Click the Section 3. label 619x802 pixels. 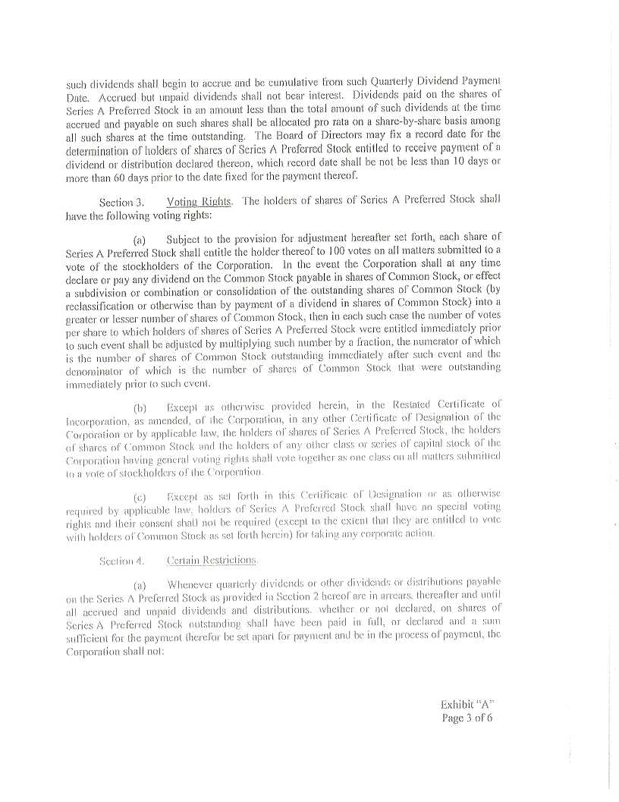(121, 203)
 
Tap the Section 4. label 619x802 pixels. (121, 561)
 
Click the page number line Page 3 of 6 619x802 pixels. (467, 718)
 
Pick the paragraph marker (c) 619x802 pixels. (140, 498)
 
